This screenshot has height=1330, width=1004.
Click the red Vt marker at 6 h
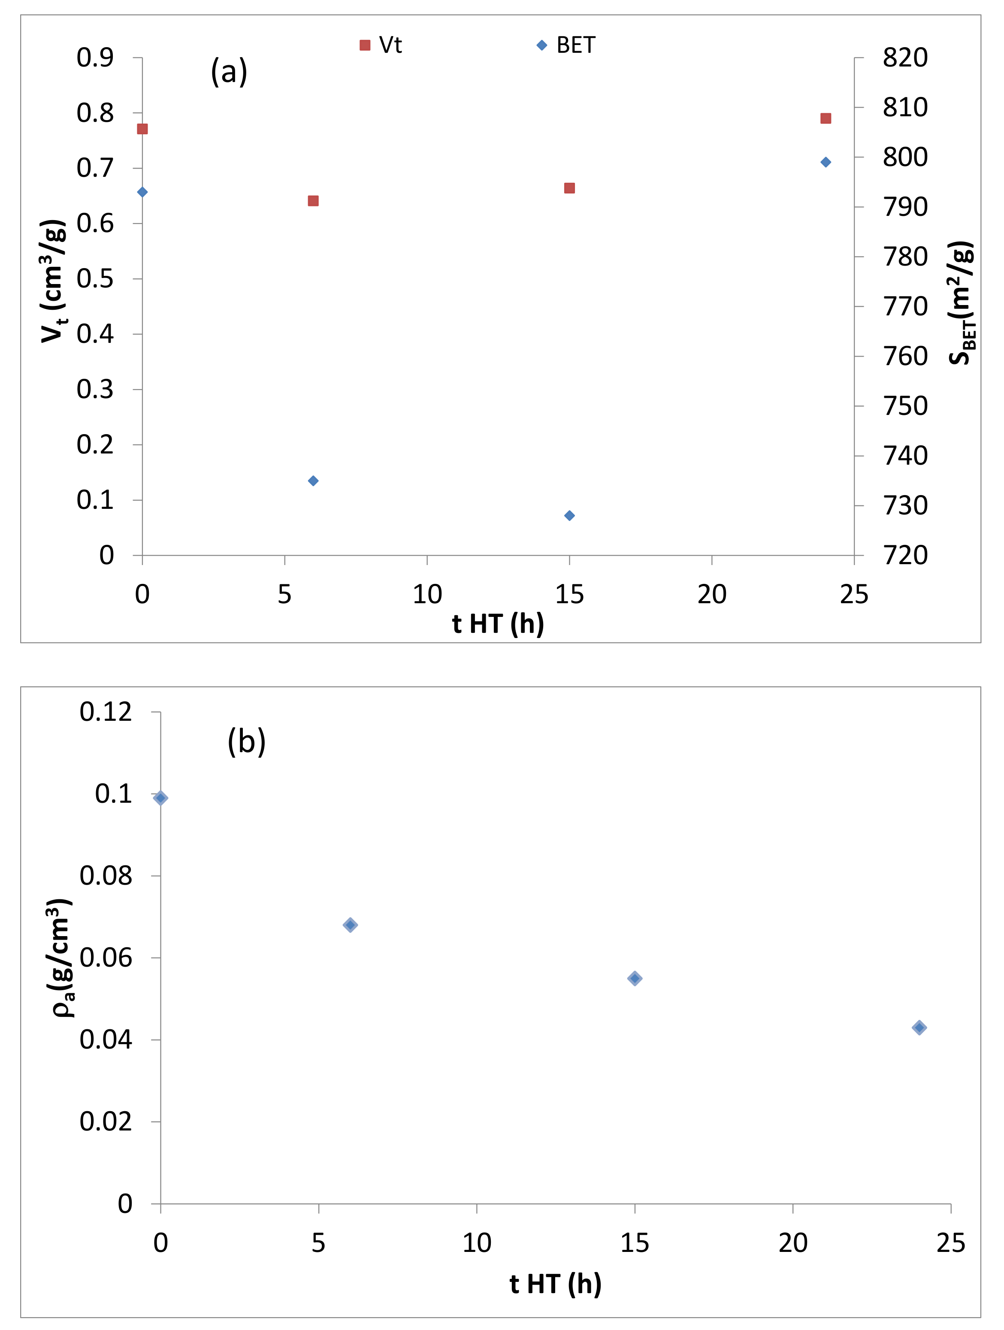(313, 201)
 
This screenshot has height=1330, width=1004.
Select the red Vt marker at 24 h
(826, 118)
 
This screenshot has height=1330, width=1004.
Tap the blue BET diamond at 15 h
(569, 515)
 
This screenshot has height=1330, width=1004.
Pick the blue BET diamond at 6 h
(313, 481)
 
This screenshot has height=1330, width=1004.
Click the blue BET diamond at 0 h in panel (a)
(142, 192)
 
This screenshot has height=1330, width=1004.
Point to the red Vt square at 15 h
(569, 188)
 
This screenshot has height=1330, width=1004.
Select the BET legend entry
(566, 45)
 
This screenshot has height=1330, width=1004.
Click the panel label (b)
(246, 741)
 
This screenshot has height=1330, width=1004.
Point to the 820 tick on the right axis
(905, 58)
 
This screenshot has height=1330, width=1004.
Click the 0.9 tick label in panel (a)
(95, 58)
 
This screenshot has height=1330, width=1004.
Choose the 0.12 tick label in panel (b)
(106, 712)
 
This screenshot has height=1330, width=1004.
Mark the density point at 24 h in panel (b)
(919, 1028)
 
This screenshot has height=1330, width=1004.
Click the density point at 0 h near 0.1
(160, 798)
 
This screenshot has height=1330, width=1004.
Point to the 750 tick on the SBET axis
(905, 406)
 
